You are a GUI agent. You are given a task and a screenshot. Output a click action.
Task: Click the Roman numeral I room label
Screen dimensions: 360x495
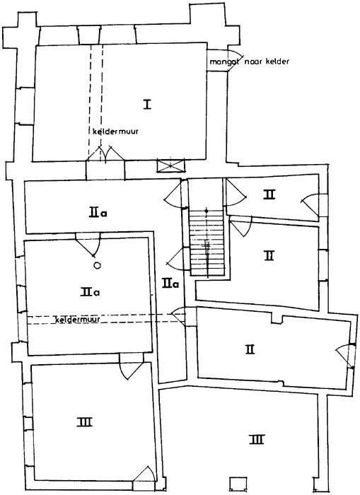[147, 104]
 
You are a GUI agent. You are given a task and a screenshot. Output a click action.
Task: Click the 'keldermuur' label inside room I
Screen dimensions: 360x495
[115, 132]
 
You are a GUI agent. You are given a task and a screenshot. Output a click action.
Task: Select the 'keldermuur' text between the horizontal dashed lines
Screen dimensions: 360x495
[78, 319]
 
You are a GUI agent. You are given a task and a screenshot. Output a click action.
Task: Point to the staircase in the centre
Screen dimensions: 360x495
[207, 243]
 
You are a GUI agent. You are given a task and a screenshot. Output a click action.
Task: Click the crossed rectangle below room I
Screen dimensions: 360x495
[170, 165]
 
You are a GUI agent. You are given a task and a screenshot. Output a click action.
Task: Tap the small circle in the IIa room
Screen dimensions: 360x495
[98, 265]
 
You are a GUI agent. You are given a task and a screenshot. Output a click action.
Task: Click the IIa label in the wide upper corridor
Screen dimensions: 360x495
[98, 213]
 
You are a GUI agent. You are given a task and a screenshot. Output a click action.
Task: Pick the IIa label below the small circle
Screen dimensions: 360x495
[90, 291]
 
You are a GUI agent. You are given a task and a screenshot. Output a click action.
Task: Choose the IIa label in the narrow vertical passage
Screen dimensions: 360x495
[170, 283]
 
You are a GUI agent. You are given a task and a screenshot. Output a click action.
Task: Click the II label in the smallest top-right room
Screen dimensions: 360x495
[269, 194]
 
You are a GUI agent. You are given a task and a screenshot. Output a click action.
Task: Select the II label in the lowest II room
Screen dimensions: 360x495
[250, 349]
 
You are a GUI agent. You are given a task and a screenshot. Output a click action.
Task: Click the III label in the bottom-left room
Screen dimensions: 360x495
[85, 421]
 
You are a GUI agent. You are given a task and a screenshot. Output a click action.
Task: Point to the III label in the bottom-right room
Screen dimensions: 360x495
[257, 439]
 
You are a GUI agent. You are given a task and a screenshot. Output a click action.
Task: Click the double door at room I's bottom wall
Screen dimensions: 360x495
[105, 153]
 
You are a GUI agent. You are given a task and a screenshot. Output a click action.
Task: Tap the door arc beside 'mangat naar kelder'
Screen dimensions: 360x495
[236, 60]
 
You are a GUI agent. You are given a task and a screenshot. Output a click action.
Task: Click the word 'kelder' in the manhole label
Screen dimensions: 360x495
[277, 62]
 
